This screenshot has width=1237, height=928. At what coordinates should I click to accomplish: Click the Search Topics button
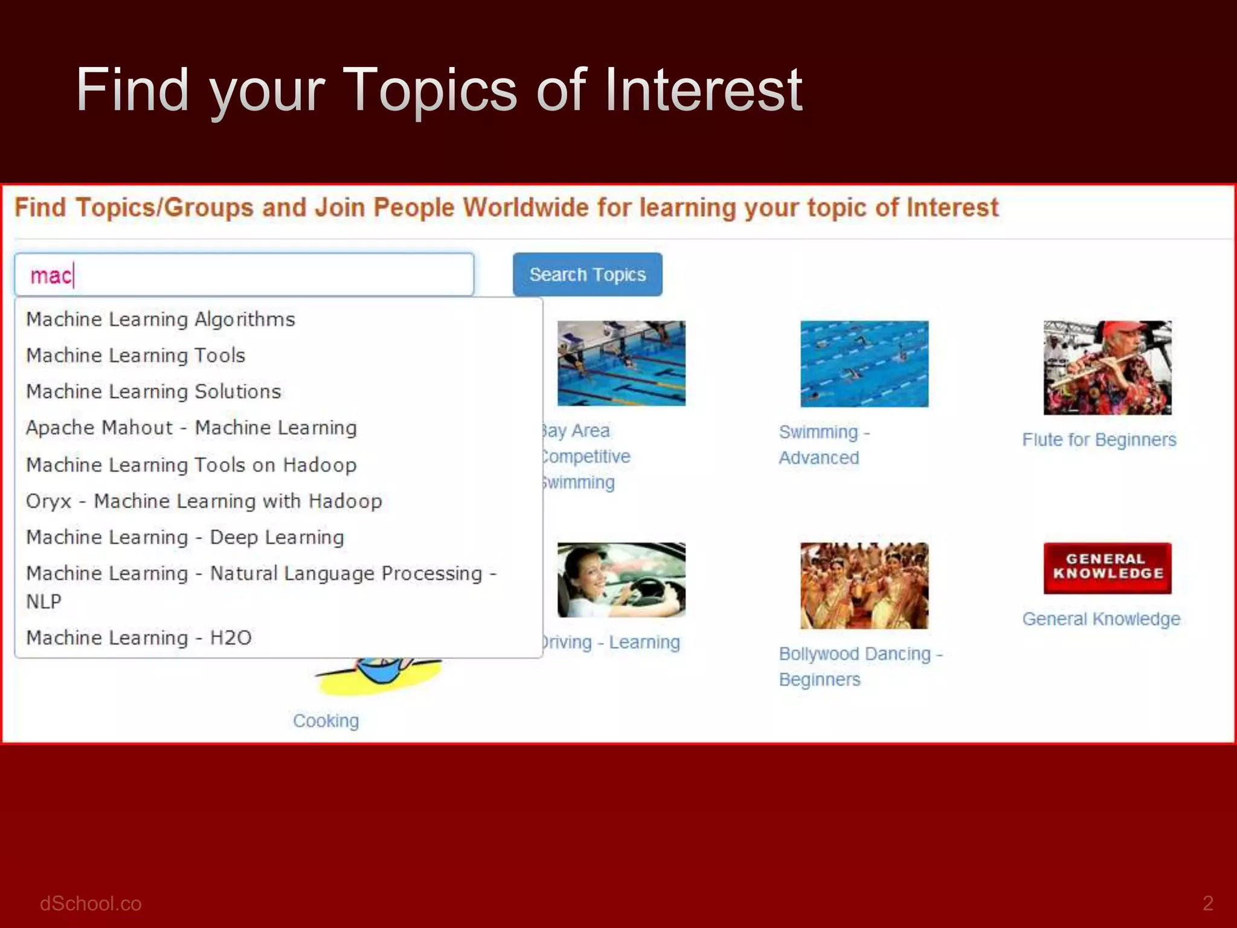(x=587, y=275)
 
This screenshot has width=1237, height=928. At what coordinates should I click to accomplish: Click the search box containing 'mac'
(x=244, y=275)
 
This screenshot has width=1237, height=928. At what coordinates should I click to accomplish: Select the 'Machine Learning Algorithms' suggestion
(x=161, y=319)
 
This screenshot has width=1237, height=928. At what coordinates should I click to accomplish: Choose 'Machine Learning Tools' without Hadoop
(x=136, y=355)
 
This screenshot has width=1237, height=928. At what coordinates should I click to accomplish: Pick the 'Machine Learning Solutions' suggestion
(x=154, y=391)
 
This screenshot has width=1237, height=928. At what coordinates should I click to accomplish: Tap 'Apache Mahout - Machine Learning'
(x=191, y=428)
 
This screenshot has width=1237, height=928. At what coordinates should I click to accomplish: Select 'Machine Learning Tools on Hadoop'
(x=191, y=465)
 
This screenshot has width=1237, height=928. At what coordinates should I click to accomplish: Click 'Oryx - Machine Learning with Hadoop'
(x=204, y=501)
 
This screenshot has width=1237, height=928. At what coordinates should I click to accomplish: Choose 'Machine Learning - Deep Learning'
(x=185, y=537)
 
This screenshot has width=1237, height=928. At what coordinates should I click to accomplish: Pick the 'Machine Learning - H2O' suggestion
(x=139, y=637)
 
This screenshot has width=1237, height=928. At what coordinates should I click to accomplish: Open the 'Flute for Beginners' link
(x=1099, y=439)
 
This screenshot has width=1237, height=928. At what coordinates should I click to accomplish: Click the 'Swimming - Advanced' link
(x=823, y=445)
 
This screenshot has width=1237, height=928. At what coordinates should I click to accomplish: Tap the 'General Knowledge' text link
(x=1101, y=619)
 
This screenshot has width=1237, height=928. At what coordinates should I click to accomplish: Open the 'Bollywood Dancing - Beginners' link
(x=860, y=666)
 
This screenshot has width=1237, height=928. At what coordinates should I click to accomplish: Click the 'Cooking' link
(x=326, y=721)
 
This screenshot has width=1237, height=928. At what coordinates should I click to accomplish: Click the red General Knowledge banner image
(x=1107, y=567)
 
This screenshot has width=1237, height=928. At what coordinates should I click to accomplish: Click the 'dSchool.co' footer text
(x=91, y=903)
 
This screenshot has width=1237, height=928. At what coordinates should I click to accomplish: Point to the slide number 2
(x=1207, y=903)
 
